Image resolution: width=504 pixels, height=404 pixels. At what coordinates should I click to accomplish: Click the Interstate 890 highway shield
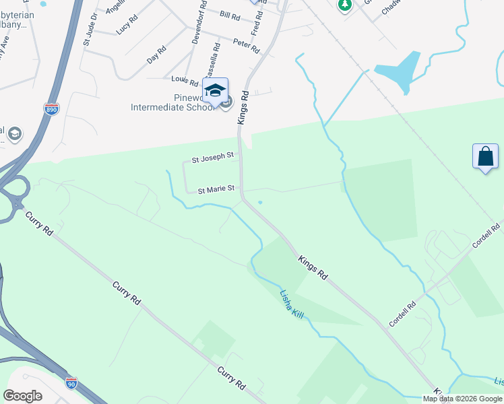pyautogui.click(x=52, y=108)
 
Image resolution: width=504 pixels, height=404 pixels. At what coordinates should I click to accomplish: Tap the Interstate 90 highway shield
pyautogui.click(x=71, y=382)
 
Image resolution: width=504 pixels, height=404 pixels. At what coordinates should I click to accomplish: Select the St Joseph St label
pyautogui.click(x=212, y=159)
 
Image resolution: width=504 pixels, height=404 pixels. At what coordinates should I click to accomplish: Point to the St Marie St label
pyautogui.click(x=216, y=190)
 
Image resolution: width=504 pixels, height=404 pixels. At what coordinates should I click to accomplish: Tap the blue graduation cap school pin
pyautogui.click(x=215, y=91)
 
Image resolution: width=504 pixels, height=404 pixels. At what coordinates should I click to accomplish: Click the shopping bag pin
pyautogui.click(x=485, y=157)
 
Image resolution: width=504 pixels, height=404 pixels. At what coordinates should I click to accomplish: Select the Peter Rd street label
pyautogui.click(x=246, y=46)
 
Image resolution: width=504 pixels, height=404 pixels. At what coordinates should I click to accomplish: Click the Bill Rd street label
pyautogui.click(x=230, y=14)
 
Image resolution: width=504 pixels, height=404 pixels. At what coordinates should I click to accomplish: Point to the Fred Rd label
pyautogui.click(x=256, y=24)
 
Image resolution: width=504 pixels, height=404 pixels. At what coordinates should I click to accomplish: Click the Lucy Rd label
pyautogui.click(x=126, y=26)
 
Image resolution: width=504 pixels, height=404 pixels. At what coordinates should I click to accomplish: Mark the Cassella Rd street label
pyautogui.click(x=214, y=60)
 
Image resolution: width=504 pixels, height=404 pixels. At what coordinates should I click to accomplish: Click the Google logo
pyautogui.click(x=22, y=395)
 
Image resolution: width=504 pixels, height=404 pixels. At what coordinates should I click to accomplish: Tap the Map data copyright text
pyautogui.click(x=463, y=399)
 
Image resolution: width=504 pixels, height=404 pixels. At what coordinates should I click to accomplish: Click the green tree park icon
pyautogui.click(x=345, y=5)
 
